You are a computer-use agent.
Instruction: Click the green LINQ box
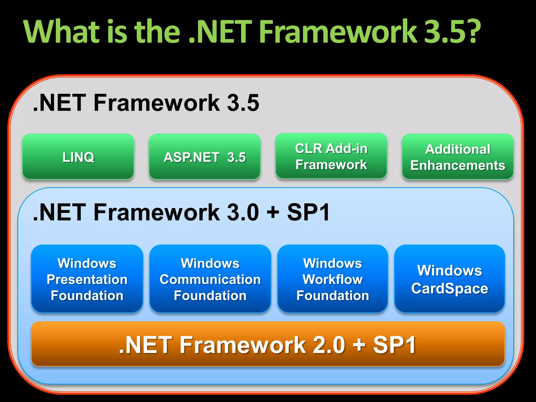[x=78, y=157]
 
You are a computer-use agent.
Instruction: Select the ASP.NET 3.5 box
[x=205, y=157]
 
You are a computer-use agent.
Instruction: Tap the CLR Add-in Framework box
[x=331, y=156]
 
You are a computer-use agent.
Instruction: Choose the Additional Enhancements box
[x=458, y=157]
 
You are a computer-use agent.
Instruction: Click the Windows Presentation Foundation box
[x=87, y=279]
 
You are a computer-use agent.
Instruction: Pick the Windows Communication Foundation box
[x=210, y=279]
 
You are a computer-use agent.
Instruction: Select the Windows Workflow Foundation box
[x=333, y=279]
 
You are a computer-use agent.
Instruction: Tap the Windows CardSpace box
[x=450, y=279]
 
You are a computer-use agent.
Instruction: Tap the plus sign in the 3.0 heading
[x=273, y=212]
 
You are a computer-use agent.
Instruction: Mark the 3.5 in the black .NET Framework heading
[x=243, y=103]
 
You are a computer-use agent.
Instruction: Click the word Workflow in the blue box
[x=333, y=279]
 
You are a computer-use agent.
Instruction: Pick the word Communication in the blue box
[x=210, y=279]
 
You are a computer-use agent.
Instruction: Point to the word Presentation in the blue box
[x=87, y=279]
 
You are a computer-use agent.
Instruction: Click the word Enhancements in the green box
[x=458, y=165]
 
